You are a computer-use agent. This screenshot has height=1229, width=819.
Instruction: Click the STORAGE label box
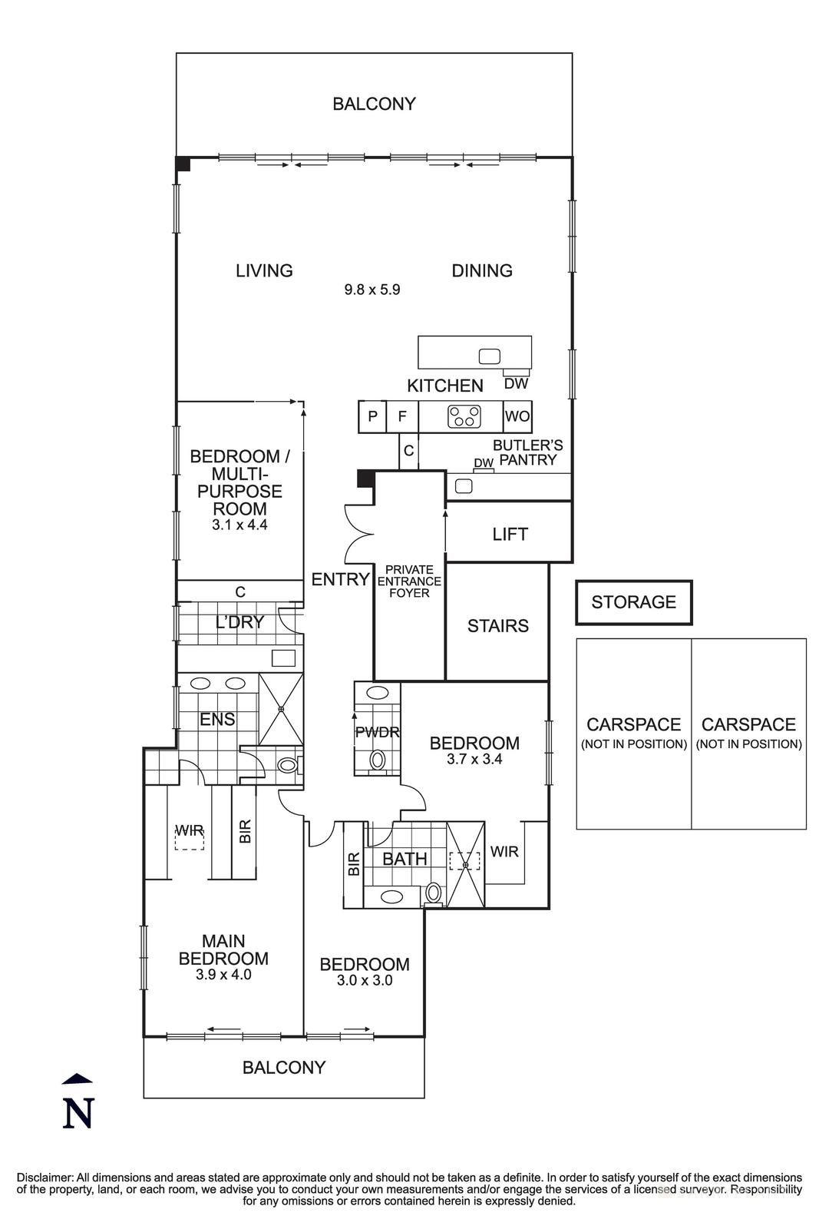[633, 602]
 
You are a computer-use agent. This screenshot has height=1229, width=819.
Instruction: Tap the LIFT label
[510, 534]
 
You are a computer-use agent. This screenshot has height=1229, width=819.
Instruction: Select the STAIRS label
[497, 626]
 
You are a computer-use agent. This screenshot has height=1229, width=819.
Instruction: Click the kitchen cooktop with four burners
[464, 416]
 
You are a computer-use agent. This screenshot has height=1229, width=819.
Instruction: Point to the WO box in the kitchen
[517, 416]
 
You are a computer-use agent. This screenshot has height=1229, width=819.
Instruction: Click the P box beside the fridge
[372, 417]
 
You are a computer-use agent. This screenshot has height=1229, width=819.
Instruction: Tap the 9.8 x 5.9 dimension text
[372, 290]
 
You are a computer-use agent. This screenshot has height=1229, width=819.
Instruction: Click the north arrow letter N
[77, 1113]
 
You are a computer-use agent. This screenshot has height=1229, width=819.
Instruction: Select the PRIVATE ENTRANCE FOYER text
[409, 581]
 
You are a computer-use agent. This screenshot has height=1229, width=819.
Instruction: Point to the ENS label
[217, 720]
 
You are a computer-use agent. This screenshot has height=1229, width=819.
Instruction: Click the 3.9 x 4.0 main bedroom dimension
[223, 975]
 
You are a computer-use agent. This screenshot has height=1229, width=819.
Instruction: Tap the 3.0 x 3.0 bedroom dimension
[365, 980]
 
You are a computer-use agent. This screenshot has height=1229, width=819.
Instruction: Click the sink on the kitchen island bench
[489, 356]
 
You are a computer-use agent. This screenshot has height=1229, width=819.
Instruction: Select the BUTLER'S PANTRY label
[527, 452]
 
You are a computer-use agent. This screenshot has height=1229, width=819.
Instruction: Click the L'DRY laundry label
[239, 623]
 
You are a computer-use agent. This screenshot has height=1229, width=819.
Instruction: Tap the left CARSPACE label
[633, 724]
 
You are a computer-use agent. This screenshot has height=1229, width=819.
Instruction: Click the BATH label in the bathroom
[405, 859]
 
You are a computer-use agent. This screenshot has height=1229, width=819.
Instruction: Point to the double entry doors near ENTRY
[358, 532]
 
